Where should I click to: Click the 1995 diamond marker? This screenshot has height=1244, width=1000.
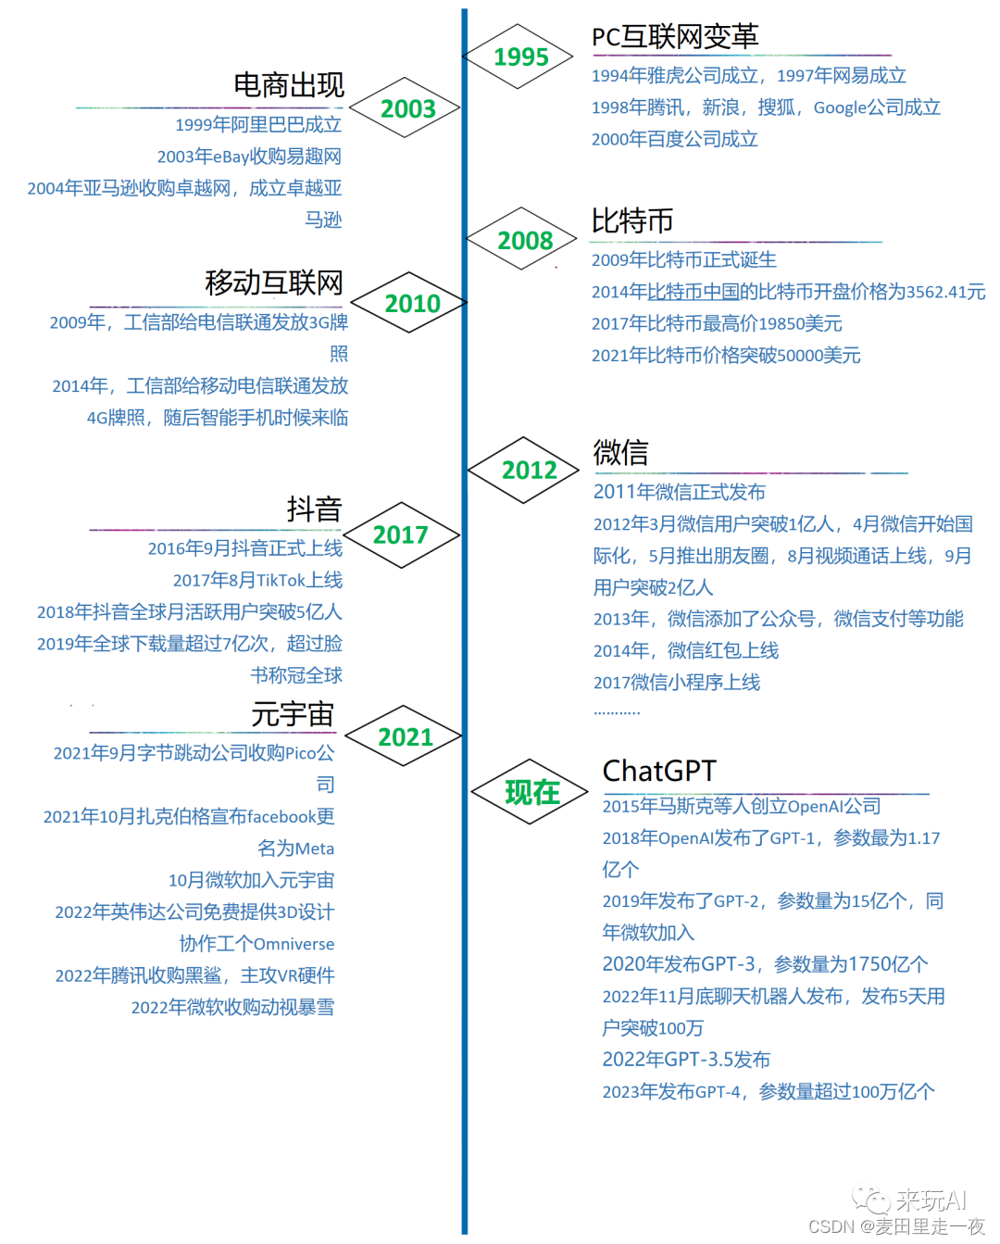[520, 57]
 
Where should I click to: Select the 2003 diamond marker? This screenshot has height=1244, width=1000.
[407, 108]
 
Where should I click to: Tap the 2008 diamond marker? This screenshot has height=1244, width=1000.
[524, 240]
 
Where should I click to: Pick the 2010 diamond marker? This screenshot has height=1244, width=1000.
[412, 303]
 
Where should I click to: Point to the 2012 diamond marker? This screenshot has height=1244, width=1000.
[529, 470]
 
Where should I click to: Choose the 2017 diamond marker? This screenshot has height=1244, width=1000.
[400, 534]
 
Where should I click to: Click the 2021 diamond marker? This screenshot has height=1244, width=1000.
[405, 736]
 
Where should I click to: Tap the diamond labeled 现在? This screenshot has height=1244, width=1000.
[531, 792]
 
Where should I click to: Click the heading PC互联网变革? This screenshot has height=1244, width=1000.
[675, 36]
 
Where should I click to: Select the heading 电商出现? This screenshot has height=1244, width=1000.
[288, 85]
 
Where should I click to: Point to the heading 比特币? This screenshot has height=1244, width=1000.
[632, 220]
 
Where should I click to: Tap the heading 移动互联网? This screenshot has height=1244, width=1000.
[274, 283]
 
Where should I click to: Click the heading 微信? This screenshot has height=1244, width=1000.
[620, 452]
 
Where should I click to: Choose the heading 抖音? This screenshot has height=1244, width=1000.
[314, 509]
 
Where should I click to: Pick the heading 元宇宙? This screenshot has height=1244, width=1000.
[293, 714]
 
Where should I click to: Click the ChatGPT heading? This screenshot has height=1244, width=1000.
[659, 771]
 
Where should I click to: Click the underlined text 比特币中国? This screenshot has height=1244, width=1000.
[694, 292]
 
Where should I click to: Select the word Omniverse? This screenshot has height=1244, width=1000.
[294, 944]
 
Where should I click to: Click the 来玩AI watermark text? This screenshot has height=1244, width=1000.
[931, 1200]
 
